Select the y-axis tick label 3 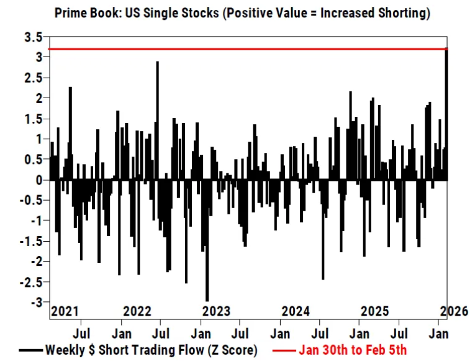click(x=39, y=57)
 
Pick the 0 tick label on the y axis click(x=39, y=180)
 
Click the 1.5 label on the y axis click(x=34, y=119)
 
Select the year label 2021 click(x=65, y=311)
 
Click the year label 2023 click(x=216, y=311)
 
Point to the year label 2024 click(x=296, y=311)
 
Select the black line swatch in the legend click(x=30, y=350)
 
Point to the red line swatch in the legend click(x=283, y=350)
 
